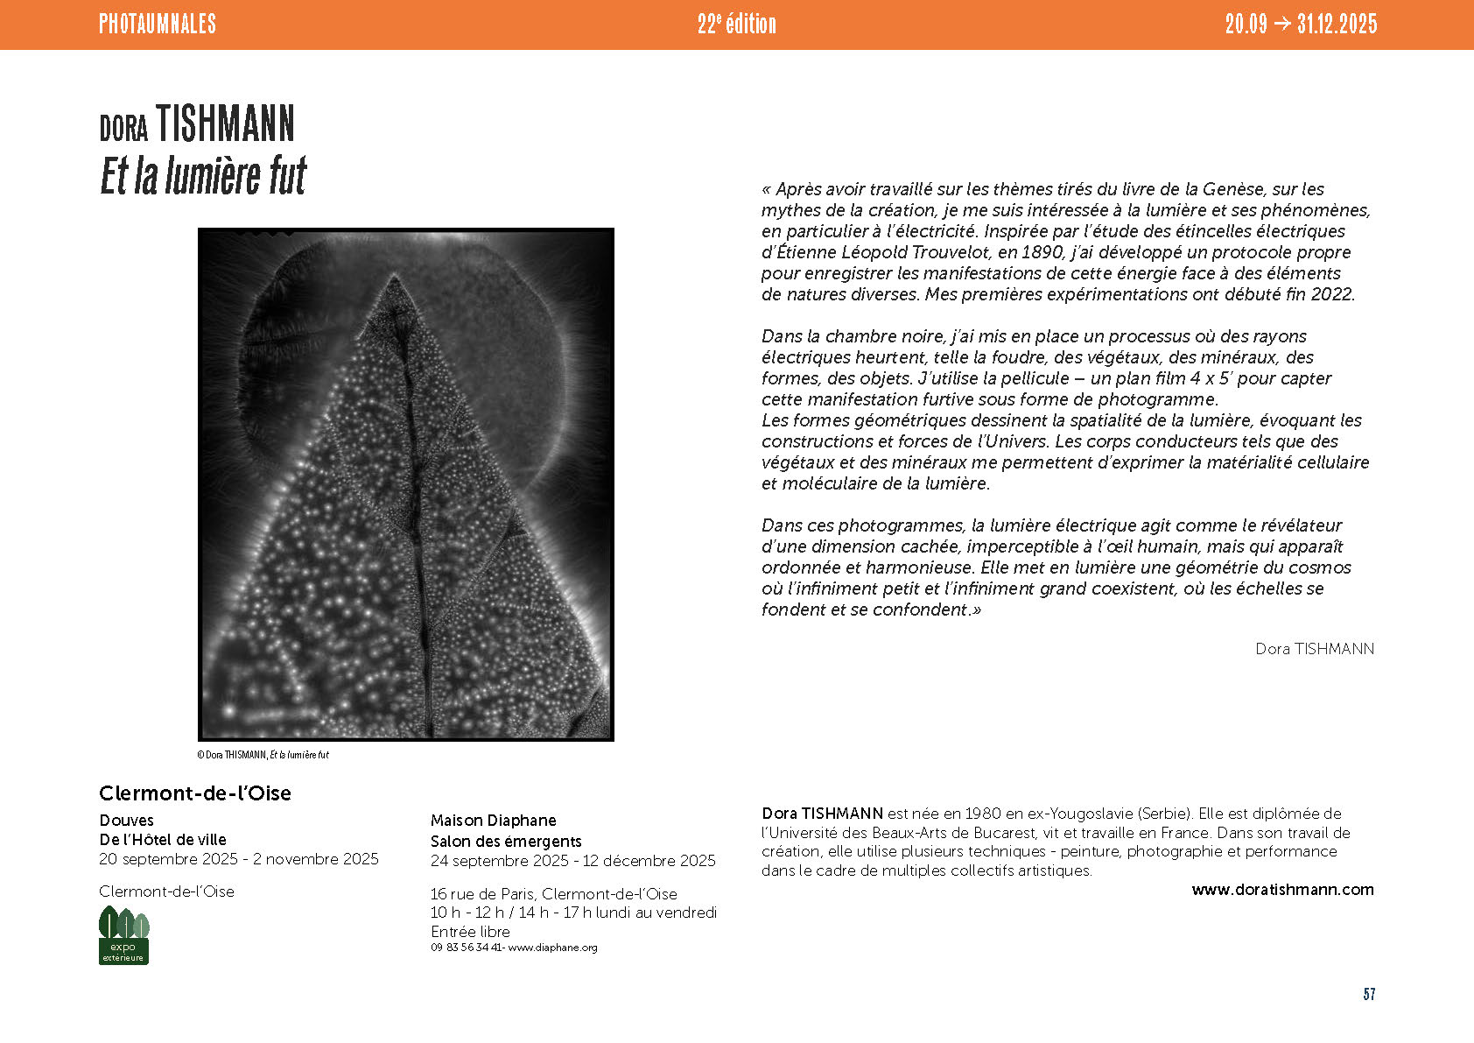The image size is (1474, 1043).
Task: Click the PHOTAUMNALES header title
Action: coord(158,24)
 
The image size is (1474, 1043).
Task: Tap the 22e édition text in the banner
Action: coord(736,24)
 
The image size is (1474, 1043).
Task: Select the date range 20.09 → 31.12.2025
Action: coord(1301,24)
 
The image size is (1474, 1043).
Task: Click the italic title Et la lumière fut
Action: coord(203,175)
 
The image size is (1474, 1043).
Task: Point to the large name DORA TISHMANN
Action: coord(197,125)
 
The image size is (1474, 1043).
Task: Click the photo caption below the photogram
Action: coord(263,755)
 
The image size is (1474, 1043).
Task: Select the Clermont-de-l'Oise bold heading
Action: coord(195,793)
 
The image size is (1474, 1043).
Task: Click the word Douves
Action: coord(127,821)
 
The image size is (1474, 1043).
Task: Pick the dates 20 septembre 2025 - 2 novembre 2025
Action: coord(239,859)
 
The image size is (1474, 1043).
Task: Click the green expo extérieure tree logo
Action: coord(123,935)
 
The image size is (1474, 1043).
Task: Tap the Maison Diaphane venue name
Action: coord(494,821)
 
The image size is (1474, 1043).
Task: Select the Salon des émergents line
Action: coord(506,842)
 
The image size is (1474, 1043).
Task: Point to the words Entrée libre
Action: coord(470,932)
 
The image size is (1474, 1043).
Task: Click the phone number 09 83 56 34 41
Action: coord(467,948)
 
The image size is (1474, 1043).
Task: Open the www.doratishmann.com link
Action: coord(1282,890)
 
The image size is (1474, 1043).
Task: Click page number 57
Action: coord(1369,994)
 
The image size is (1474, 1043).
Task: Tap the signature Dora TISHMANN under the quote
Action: coord(1315,649)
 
